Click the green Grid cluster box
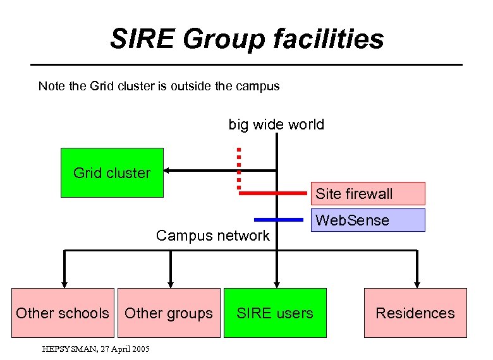pyautogui.click(x=112, y=172)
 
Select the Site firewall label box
pyautogui.click(x=367, y=193)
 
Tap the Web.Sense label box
pyautogui.click(x=367, y=220)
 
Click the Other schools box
pyautogui.click(x=62, y=313)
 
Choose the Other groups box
pyautogui.click(x=169, y=313)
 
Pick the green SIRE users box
pyautogui.click(x=275, y=313)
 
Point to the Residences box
pyautogui.click(x=415, y=313)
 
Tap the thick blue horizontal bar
pyautogui.click(x=279, y=220)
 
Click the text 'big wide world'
pyautogui.click(x=276, y=124)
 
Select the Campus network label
pyautogui.click(x=212, y=236)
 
